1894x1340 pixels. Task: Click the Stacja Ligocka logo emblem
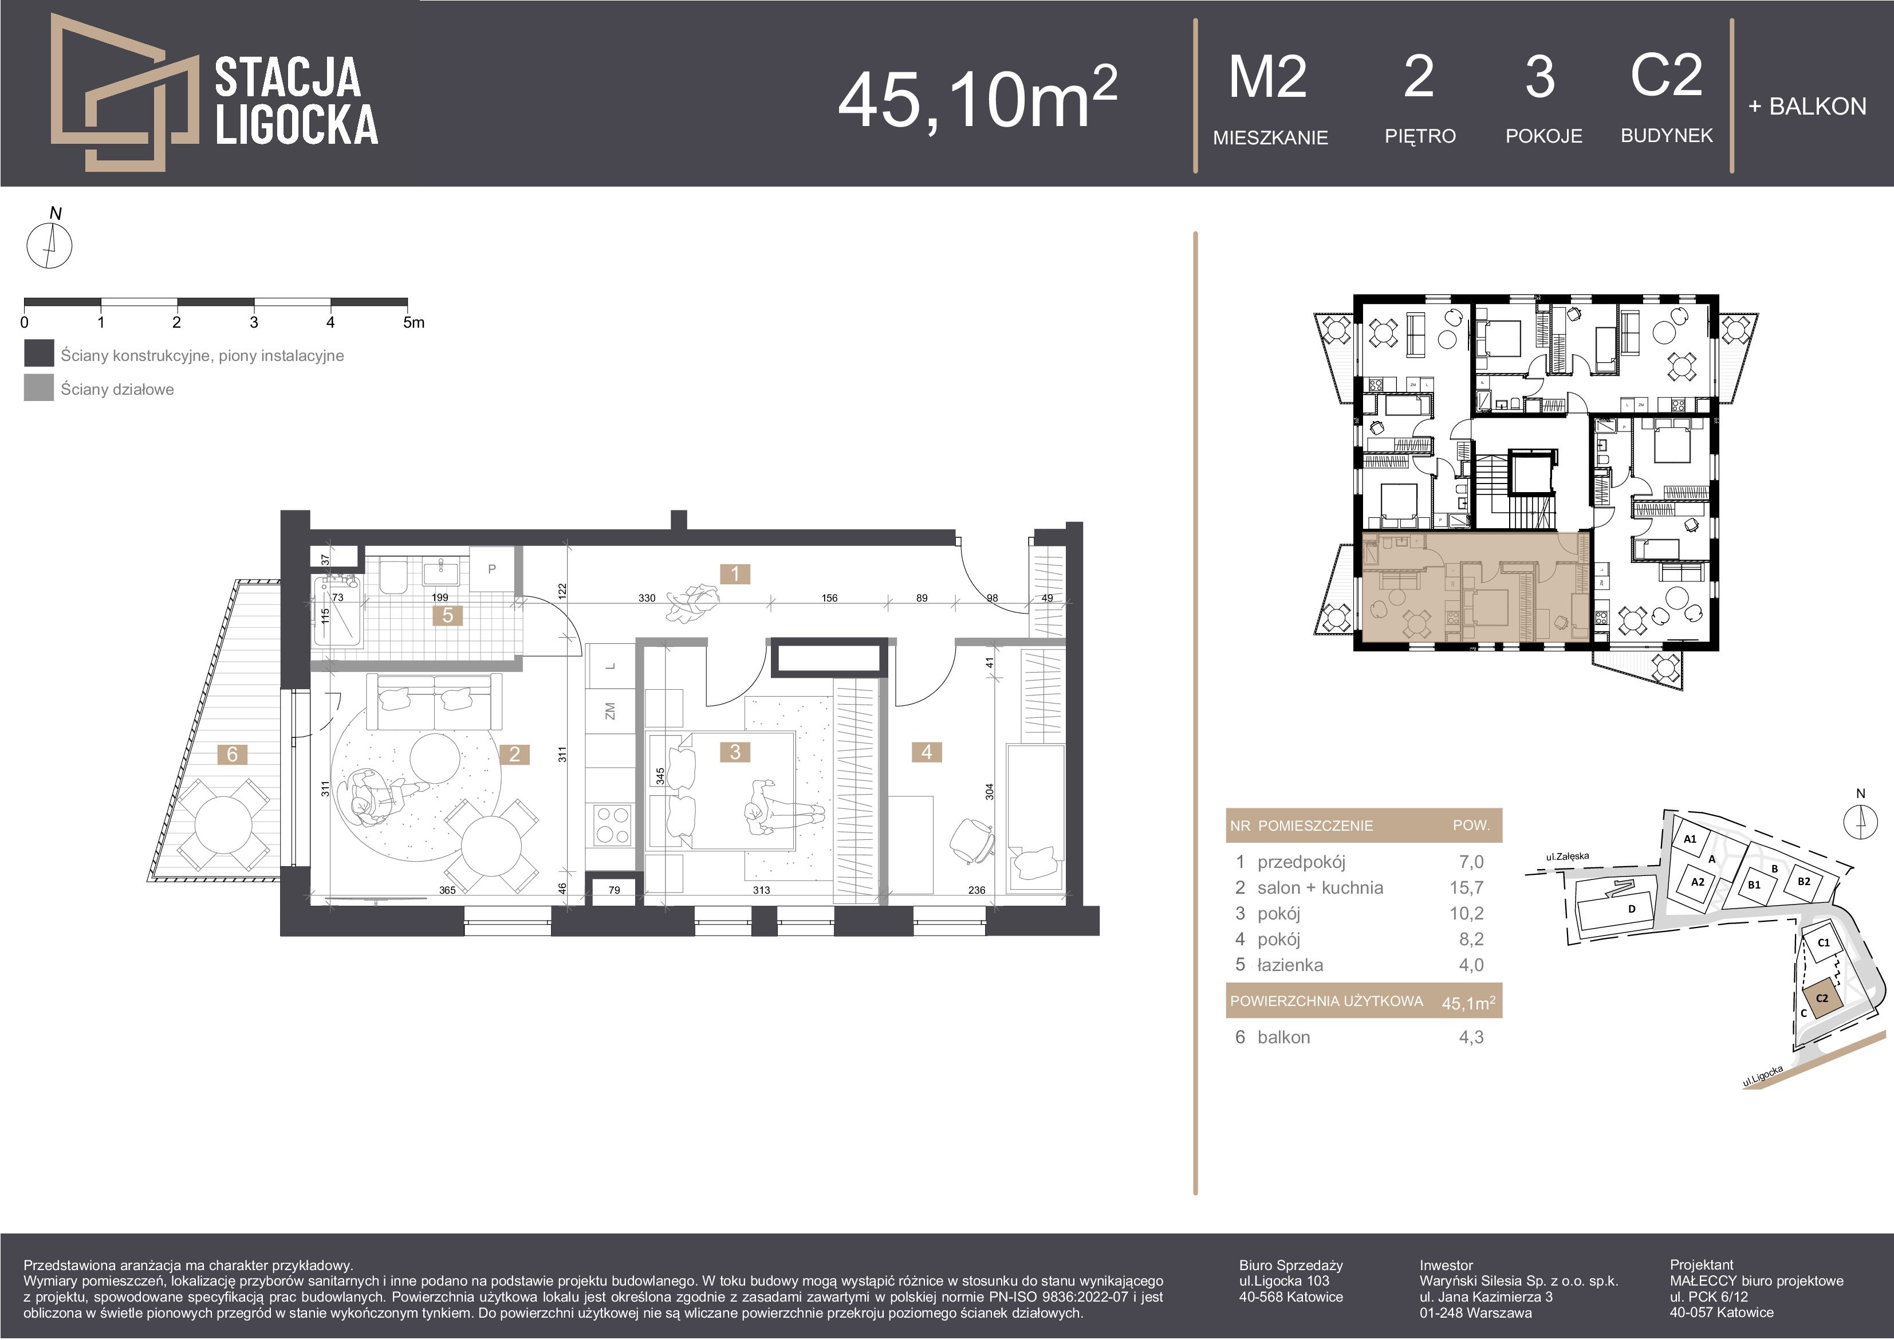(x=124, y=92)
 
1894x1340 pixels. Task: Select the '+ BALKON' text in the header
(x=1806, y=107)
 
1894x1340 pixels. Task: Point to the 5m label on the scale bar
(x=414, y=323)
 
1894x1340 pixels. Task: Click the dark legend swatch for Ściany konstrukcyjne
(x=39, y=353)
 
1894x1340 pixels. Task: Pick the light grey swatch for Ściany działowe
(x=39, y=388)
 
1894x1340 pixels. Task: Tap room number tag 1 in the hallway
(x=735, y=573)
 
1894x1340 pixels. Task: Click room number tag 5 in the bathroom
(x=448, y=615)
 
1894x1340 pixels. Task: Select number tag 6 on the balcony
(x=233, y=753)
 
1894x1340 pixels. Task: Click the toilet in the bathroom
(x=393, y=576)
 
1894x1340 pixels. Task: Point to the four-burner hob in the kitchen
(x=613, y=824)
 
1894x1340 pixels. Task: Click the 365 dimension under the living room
(x=447, y=890)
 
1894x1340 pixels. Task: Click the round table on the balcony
(x=223, y=822)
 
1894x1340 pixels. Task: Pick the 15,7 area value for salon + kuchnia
(x=1466, y=888)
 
